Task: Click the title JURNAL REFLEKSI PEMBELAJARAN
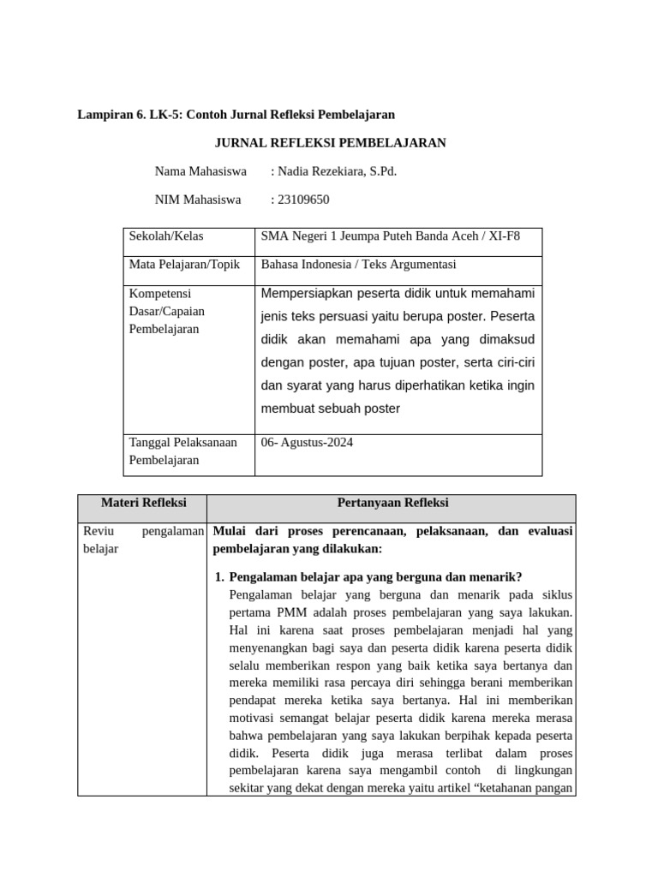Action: point(330,143)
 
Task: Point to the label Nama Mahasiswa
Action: point(200,171)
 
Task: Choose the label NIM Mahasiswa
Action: point(198,200)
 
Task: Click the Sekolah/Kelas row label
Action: point(166,236)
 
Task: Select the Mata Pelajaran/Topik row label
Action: point(183,265)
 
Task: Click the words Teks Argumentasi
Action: point(414,265)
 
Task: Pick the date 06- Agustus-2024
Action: point(307,443)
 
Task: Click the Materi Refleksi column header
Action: point(143,503)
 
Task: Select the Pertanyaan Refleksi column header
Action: point(392,503)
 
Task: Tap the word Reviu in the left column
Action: point(99,532)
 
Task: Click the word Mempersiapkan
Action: point(305,295)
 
